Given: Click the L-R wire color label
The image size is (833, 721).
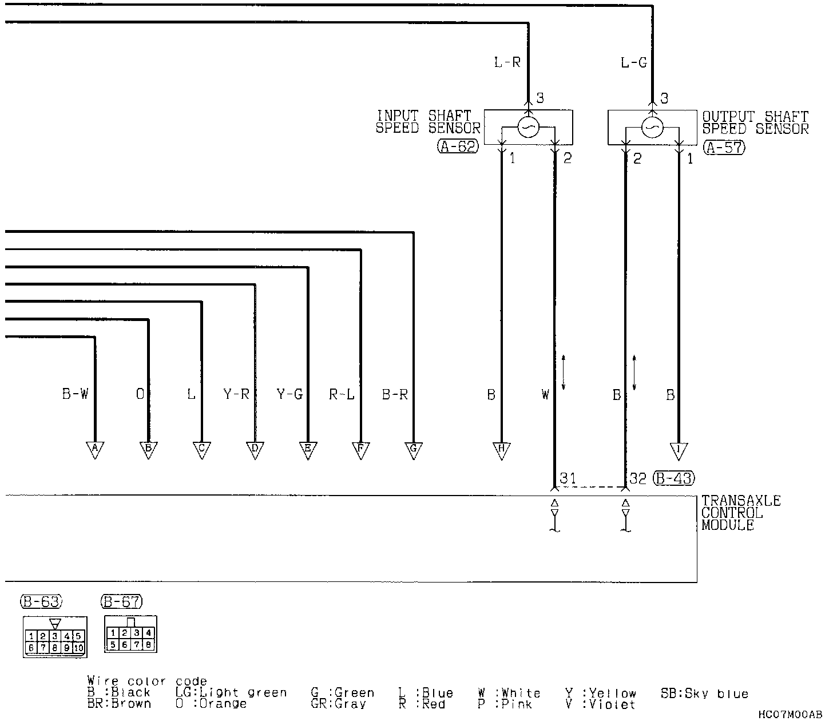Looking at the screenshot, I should tap(507, 62).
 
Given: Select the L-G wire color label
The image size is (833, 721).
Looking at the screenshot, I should tap(633, 62).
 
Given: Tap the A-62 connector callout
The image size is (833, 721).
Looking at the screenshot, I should tap(458, 147).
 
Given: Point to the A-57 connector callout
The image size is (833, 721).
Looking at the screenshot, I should tap(724, 147).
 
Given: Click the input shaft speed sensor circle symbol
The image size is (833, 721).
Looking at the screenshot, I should tap(527, 127).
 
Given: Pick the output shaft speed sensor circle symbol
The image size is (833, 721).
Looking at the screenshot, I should tap(652, 127).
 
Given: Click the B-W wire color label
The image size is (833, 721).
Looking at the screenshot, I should tap(75, 394).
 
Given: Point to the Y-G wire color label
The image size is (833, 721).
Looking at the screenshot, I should tap(289, 394).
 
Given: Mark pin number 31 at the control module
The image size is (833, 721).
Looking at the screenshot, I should tap(568, 478).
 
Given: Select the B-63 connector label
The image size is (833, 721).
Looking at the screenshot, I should tap(41, 601).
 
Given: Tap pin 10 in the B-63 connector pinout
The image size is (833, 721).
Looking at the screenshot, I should tap(78, 648).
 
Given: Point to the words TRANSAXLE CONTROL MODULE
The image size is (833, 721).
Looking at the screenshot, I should tap(740, 513).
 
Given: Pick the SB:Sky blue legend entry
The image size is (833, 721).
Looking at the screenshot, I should tap(704, 694).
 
